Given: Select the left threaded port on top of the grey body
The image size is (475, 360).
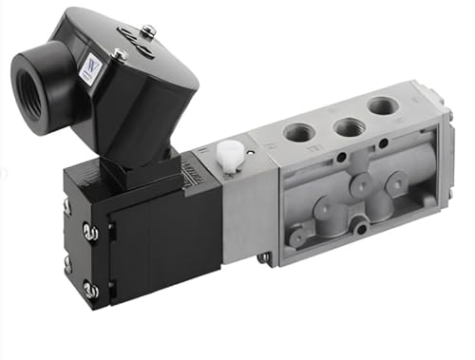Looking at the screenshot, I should click(299, 132).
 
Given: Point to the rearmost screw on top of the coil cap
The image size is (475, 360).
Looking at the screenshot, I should click(147, 31).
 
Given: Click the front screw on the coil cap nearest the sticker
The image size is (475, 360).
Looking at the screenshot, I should click(120, 55).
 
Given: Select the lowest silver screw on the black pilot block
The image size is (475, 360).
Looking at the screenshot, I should click(89, 289).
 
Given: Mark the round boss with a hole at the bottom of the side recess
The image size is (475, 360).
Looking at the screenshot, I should click(357, 224).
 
